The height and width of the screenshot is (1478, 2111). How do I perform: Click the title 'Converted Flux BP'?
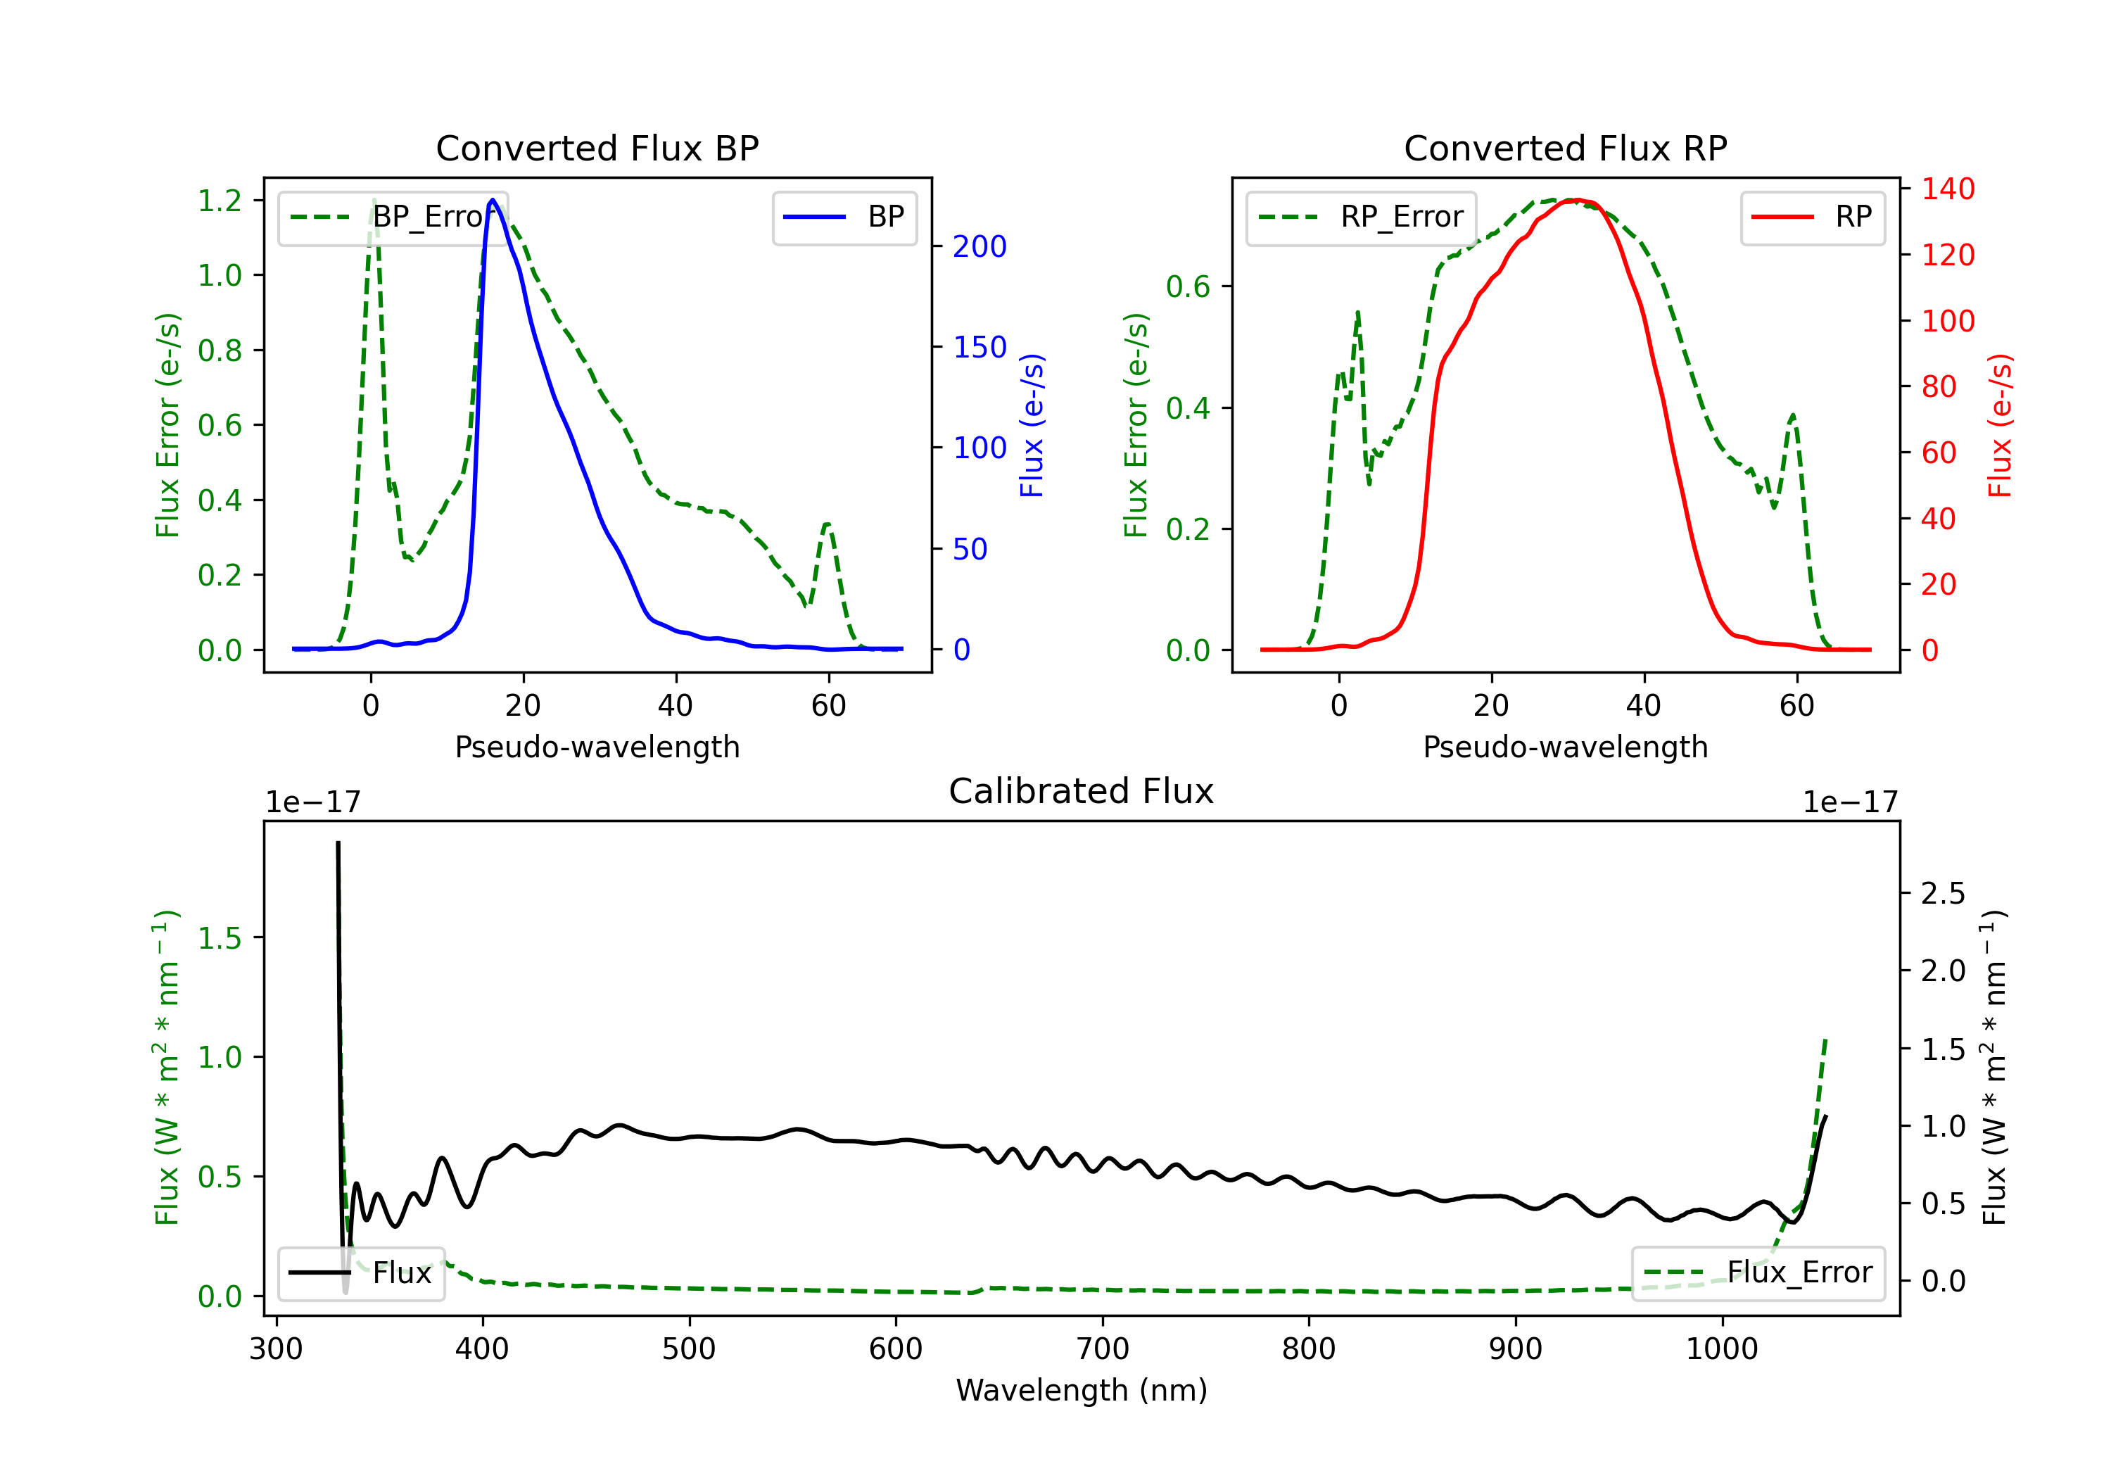(x=597, y=148)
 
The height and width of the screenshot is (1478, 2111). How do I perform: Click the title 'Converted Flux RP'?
(x=1565, y=148)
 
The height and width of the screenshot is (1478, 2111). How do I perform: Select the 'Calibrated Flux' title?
(x=1082, y=791)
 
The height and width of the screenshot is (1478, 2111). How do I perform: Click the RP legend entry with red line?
(x=1812, y=217)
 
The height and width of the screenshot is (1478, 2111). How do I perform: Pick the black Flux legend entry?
(x=360, y=1273)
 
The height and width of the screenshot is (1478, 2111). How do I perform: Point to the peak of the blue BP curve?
(x=493, y=200)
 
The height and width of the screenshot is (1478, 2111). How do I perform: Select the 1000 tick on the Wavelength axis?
(x=1721, y=1348)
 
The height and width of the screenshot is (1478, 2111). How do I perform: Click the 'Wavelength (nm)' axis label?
(x=1082, y=1390)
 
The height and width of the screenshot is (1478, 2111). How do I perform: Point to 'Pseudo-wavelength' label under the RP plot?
(x=1565, y=747)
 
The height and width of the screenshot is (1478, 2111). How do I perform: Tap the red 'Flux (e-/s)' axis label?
(x=2000, y=426)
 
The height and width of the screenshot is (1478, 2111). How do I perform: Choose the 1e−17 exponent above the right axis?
(x=1850, y=802)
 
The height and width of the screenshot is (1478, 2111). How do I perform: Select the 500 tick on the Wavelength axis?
(x=689, y=1348)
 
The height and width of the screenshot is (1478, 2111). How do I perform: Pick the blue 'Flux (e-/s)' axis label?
(x=1032, y=426)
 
